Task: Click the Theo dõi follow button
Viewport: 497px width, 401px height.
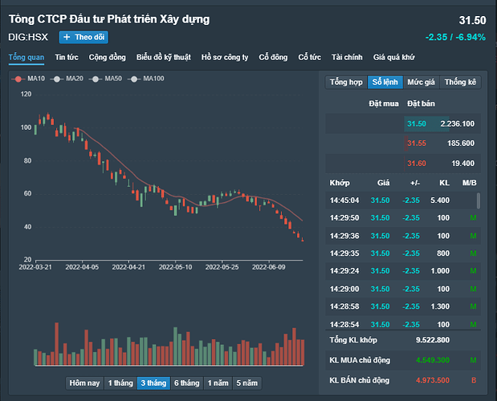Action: [x=84, y=37]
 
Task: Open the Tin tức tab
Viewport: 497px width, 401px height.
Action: [x=67, y=57]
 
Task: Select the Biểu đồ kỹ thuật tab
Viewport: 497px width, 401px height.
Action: [x=164, y=57]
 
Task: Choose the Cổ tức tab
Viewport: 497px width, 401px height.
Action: [x=309, y=57]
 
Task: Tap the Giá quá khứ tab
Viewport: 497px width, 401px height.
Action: [x=393, y=57]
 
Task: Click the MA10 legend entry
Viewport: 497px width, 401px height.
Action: [x=31, y=79]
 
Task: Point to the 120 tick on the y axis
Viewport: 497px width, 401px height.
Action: [x=26, y=95]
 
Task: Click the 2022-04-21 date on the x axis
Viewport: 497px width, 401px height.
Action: [x=128, y=266]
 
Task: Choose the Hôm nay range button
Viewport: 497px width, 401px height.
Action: [x=84, y=383]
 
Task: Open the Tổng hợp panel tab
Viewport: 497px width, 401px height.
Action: [x=345, y=82]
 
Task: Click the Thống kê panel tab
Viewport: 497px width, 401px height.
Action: [x=460, y=82]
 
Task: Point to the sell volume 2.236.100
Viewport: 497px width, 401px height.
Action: [x=457, y=124]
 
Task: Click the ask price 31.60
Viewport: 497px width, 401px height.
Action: [x=416, y=164]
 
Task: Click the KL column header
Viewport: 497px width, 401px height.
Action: [x=443, y=183]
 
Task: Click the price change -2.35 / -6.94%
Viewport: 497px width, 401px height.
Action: [x=455, y=37]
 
